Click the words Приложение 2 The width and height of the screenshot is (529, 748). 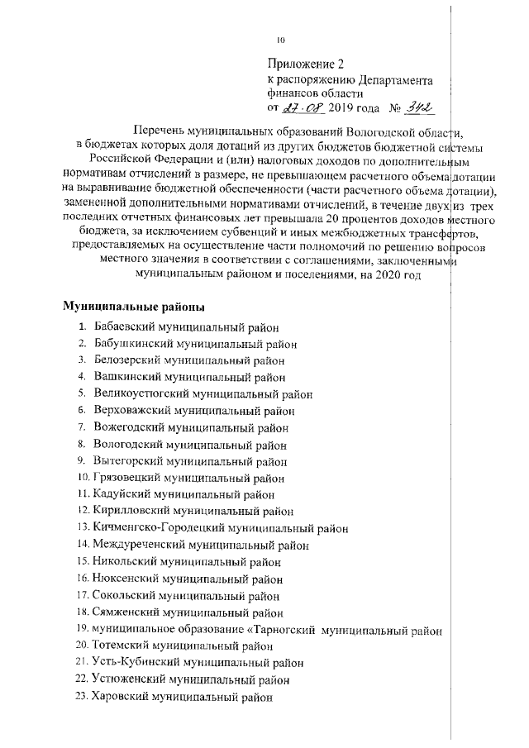pyautogui.click(x=305, y=64)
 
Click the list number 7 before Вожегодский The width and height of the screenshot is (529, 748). pyautogui.click(x=83, y=427)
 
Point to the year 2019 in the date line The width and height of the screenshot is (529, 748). pyautogui.click(x=341, y=108)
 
